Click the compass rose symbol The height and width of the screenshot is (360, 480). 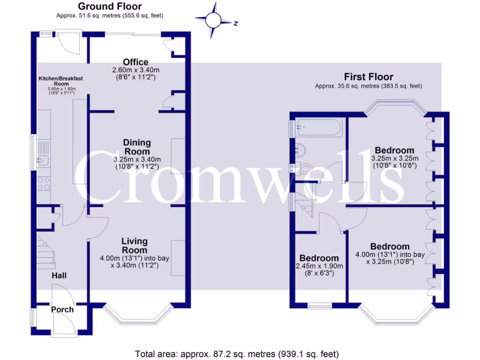(214, 20)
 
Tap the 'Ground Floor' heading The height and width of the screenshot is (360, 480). (109, 6)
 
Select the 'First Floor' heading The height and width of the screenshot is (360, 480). (368, 76)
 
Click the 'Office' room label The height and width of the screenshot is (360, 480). (135, 62)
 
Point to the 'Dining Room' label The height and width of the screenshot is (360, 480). (137, 147)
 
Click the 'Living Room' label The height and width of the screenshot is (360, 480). (135, 246)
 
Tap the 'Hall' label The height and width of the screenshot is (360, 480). (59, 275)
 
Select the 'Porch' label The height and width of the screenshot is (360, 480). (62, 309)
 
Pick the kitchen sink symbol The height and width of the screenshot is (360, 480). (43, 160)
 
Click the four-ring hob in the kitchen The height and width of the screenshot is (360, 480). (43, 183)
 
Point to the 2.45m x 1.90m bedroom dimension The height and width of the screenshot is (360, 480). (319, 269)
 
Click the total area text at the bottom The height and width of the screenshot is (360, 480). (237, 353)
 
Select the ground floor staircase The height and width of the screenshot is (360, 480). (46, 253)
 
